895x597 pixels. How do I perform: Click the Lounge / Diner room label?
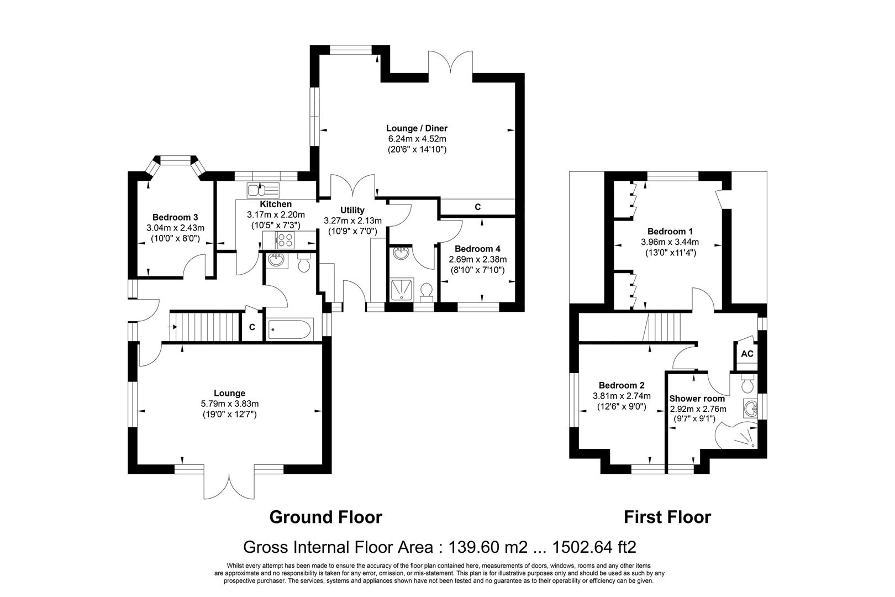[417, 128]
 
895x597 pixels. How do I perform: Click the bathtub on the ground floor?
[289, 331]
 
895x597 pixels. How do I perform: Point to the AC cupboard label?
[747, 354]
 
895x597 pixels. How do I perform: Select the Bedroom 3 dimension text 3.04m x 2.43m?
[175, 228]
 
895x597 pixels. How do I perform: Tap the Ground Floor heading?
[325, 517]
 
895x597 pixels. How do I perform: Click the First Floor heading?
[667, 517]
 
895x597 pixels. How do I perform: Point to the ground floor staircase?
[205, 326]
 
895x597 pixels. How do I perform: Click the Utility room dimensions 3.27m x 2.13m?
[352, 220]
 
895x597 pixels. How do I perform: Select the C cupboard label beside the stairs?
[252, 327]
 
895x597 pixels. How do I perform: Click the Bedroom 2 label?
[622, 385]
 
